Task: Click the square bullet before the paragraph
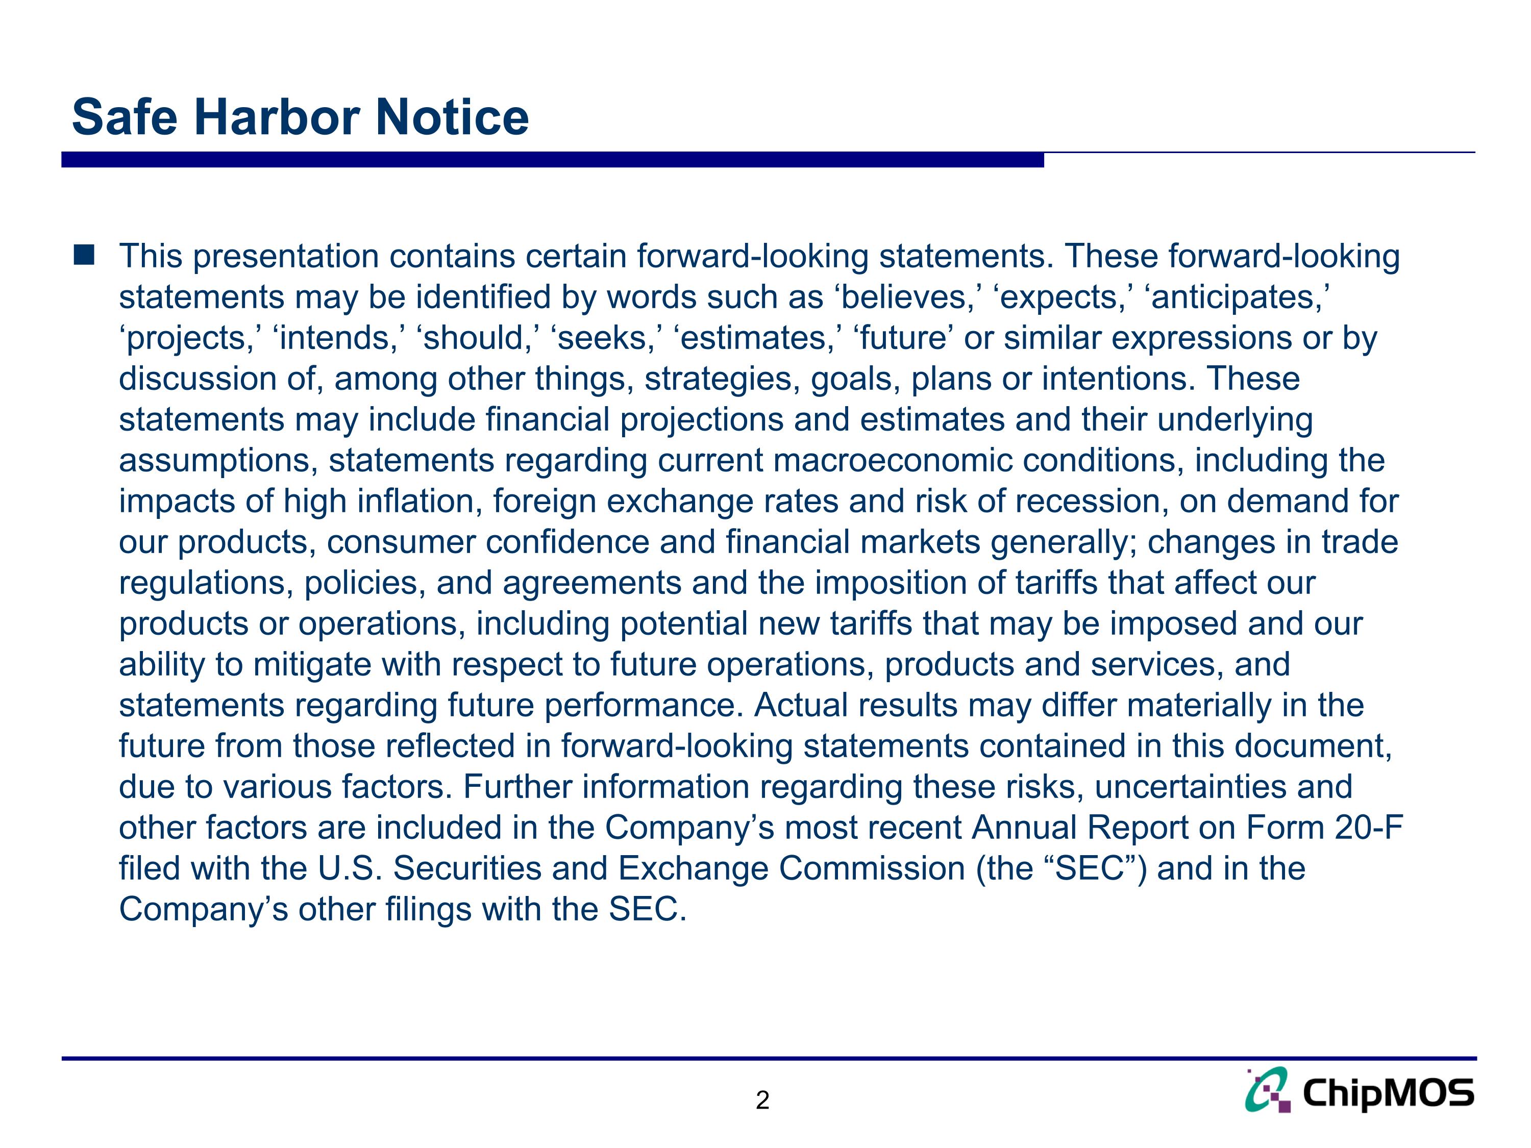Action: [x=84, y=255]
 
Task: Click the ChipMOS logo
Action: [x=1360, y=1092]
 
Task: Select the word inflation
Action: [x=419, y=502]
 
